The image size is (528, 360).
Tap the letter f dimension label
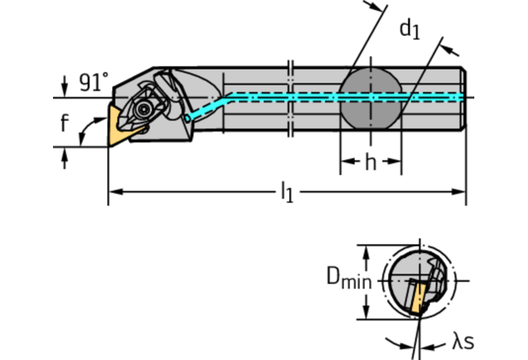64,123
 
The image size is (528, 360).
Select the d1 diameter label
410,29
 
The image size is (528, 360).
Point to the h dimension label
370,163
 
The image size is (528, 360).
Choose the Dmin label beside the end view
348,279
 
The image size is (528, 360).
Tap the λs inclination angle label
463,341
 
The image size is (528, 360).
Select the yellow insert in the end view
414,300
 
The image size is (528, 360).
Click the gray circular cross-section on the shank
371,98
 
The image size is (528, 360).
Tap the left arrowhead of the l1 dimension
114,191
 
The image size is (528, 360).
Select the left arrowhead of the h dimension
346,163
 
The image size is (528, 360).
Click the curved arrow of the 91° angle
85,131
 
